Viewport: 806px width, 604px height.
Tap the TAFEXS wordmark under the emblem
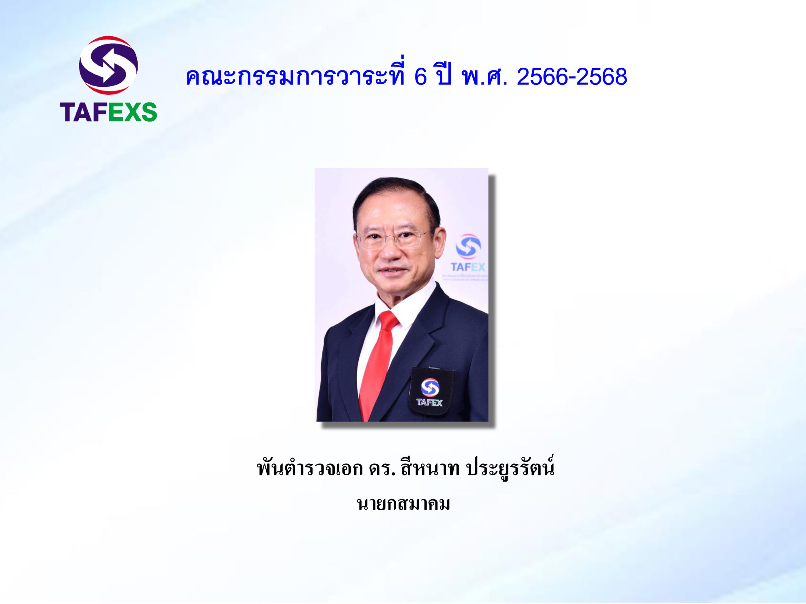(109, 112)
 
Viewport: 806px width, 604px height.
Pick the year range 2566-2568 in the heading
(572, 77)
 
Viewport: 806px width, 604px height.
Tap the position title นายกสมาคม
(403, 504)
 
